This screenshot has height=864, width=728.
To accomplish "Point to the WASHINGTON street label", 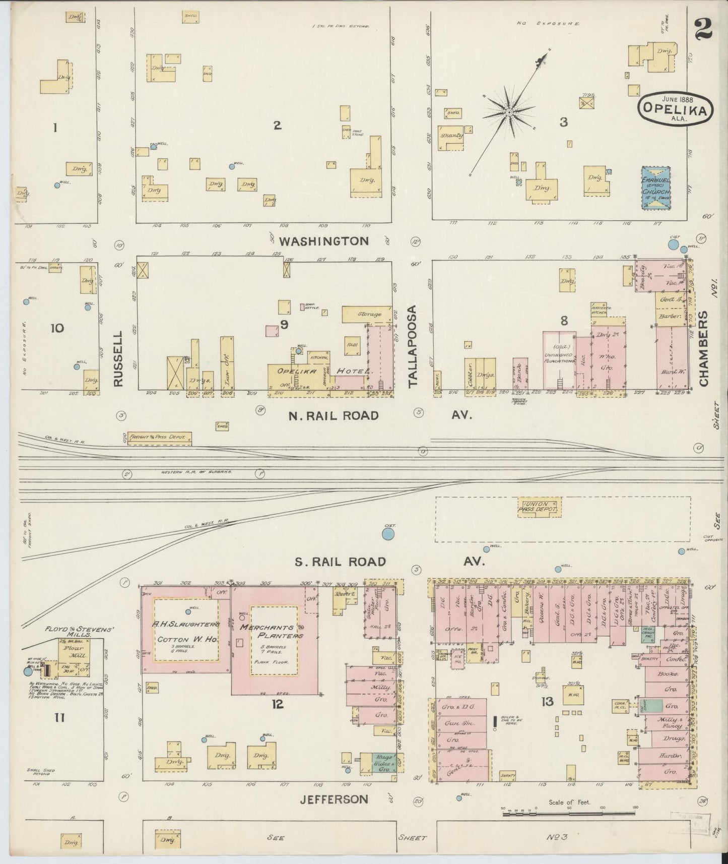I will click(x=324, y=241).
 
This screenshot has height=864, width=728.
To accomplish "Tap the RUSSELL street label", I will click(x=118, y=358).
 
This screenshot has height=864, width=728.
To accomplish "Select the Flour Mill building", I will click(x=74, y=655).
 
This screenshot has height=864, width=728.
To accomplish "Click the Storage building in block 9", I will click(x=367, y=314).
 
